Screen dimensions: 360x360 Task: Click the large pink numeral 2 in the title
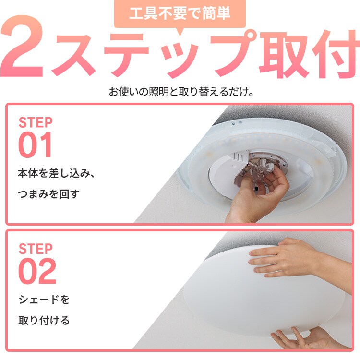pyautogui.click(x=22, y=46)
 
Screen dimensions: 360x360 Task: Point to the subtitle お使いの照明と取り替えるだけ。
pyautogui.click(x=181, y=92)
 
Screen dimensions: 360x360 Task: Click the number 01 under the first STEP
pyautogui.click(x=35, y=145)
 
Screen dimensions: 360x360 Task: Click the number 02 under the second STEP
pyautogui.click(x=37, y=271)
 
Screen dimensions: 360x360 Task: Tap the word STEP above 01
pyautogui.click(x=36, y=122)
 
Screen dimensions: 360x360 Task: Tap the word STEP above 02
pyautogui.click(x=36, y=249)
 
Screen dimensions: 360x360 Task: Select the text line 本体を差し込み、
pyautogui.click(x=56, y=173)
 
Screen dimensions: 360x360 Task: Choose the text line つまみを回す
pyautogui.click(x=48, y=194)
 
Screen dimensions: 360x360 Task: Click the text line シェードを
pyautogui.click(x=44, y=300)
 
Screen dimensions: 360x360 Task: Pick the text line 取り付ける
pyautogui.click(x=44, y=321)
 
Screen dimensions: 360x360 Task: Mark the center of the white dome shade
pyautogui.click(x=264, y=291)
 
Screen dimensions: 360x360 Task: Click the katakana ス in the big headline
pyautogui.click(x=73, y=55)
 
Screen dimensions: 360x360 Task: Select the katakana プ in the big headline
pyautogui.click(x=232, y=54)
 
